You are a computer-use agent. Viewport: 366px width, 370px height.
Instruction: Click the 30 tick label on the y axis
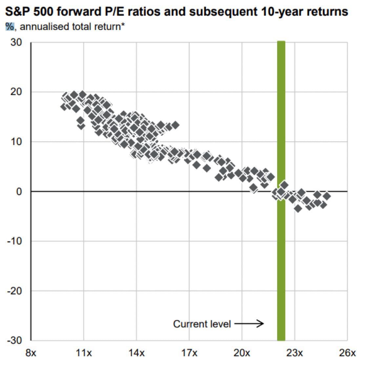tap(16, 43)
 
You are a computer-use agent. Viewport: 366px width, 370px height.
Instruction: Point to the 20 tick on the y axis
tap(16, 92)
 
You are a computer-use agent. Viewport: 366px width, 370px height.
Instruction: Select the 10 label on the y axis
tap(16, 142)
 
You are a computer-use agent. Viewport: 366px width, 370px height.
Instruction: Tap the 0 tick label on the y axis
tap(19, 191)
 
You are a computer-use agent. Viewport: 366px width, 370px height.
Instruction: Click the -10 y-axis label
tap(15, 241)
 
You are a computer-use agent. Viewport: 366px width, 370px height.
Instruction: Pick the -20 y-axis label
tap(15, 291)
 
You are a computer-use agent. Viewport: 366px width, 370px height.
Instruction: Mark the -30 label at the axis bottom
tap(15, 341)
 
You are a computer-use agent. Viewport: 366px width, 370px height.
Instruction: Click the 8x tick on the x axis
tap(31, 353)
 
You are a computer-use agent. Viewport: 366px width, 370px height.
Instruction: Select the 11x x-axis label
tap(84, 353)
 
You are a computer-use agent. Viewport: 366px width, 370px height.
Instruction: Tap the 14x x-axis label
tap(136, 353)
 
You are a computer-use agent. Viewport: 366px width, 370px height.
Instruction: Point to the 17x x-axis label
tap(189, 353)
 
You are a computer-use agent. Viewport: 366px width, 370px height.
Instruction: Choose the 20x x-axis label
tap(242, 353)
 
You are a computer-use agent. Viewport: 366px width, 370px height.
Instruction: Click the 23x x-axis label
tap(295, 353)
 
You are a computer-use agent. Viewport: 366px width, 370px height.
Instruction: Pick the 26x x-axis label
tap(347, 353)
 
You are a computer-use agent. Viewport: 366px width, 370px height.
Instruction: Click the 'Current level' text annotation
tap(202, 324)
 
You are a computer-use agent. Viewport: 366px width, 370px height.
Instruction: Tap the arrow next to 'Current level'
tap(249, 324)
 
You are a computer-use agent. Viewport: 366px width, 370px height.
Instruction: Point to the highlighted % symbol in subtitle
tap(10, 27)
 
